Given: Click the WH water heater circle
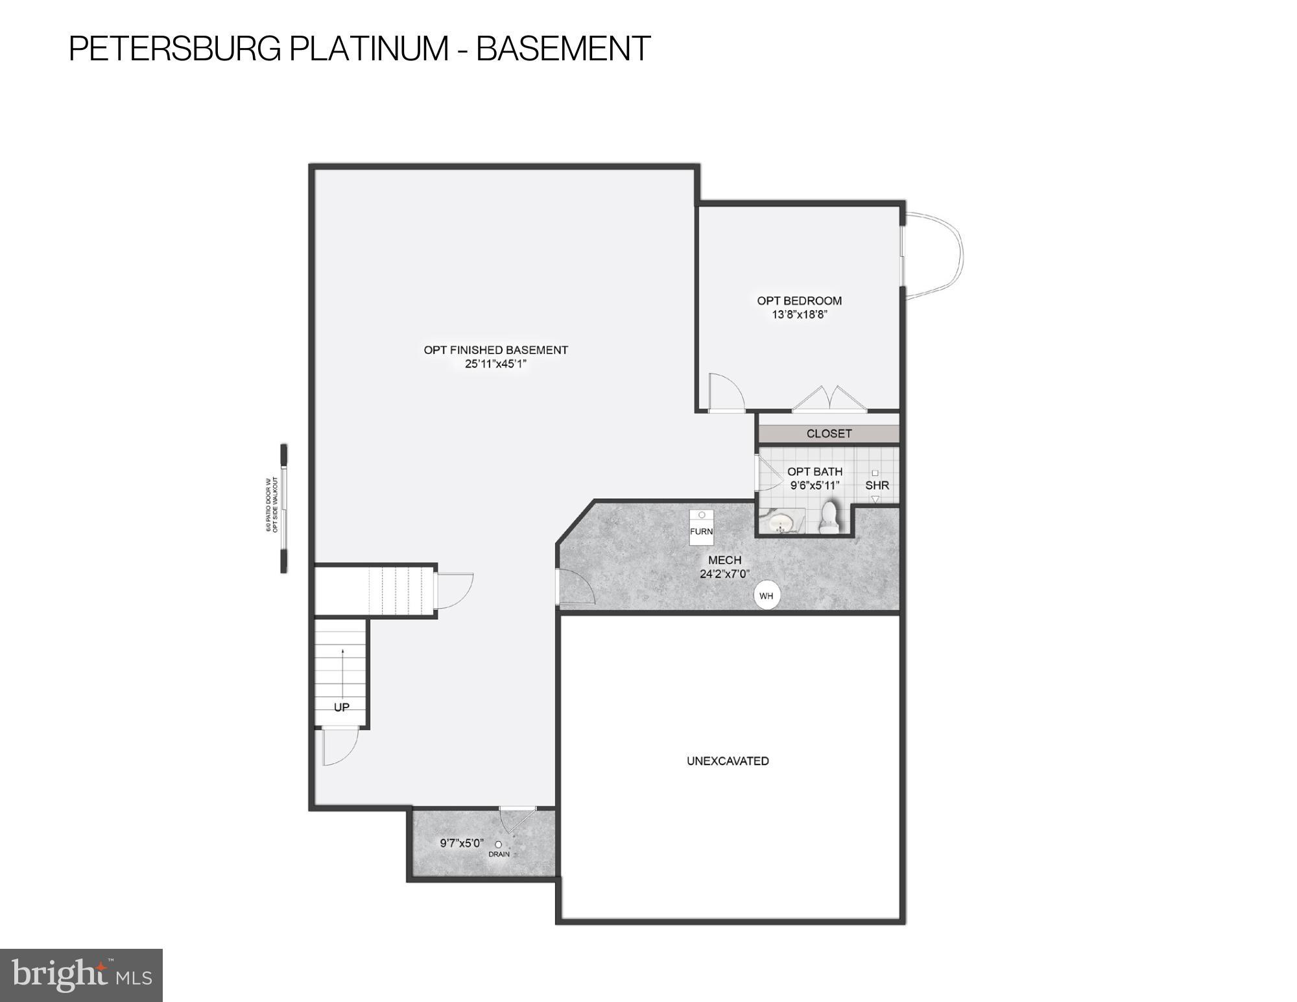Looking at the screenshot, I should coord(767,595).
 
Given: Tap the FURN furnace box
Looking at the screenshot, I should coord(701,527).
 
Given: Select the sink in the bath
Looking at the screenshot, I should coord(783,522).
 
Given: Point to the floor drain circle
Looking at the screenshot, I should coord(498,844).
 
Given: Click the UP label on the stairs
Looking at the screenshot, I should coord(341,707).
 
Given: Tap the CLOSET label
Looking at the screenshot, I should coord(829,433).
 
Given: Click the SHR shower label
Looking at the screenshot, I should coord(877,485).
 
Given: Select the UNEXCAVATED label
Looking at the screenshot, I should coord(728,761).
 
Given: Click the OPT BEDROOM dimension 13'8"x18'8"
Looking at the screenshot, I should coord(800,315).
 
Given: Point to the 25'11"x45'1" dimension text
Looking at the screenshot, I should coord(495,364).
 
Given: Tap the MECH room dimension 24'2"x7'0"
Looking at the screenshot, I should coord(724,573).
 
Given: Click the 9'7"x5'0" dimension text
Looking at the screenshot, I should coord(462,843).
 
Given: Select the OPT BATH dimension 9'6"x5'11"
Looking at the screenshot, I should coord(815,485).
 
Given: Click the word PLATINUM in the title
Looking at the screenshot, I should coord(368,49).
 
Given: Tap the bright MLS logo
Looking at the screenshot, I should coord(81,975).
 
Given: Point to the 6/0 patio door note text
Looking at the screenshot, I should coord(272,505).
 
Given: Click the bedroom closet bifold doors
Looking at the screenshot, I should coord(829,400).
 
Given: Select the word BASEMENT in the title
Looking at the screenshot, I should coord(563,49).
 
